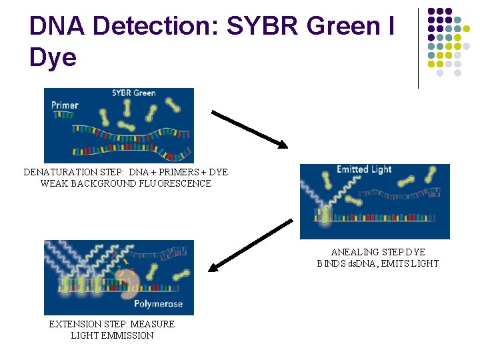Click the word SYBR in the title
click(266, 26)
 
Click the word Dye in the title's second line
click(53, 57)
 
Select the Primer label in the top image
click(65, 105)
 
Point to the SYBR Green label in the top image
click(133, 93)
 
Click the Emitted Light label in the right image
click(364, 169)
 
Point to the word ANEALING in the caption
click(354, 252)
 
